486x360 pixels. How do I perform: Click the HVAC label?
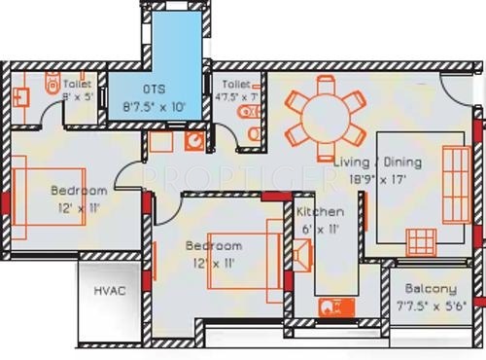tap(110, 290)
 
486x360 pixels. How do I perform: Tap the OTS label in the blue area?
tap(156, 87)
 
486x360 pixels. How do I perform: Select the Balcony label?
tap(432, 289)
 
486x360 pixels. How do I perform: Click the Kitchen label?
tap(319, 212)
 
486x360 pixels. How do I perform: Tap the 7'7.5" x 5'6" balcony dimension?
tap(433, 305)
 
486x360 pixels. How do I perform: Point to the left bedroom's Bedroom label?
tap(78, 192)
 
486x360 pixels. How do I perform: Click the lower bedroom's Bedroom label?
tap(214, 246)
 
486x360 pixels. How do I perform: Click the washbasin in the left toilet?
tap(23, 96)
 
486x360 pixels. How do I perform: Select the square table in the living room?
tap(420, 240)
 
